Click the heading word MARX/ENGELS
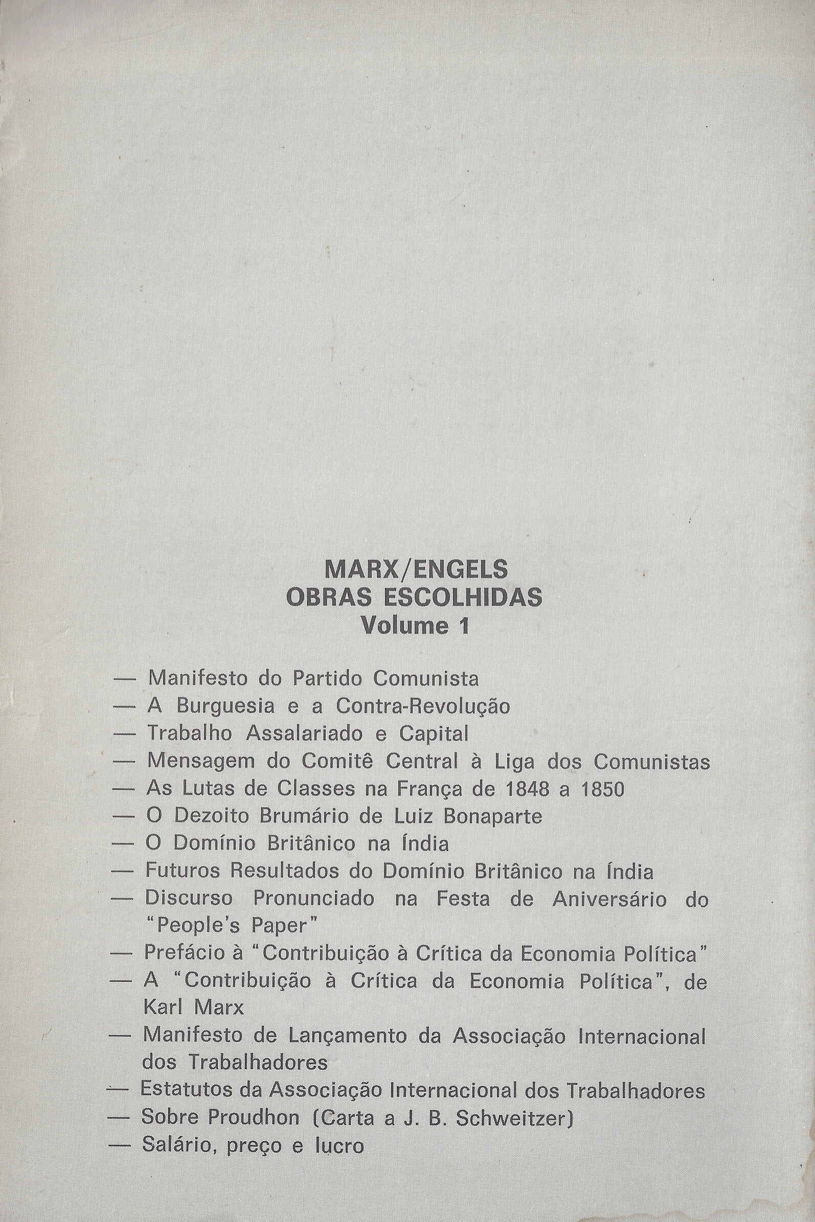pyautogui.click(x=416, y=570)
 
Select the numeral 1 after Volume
pyautogui.click(x=464, y=626)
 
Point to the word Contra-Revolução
pyautogui.click(x=422, y=706)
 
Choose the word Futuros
pyautogui.click(x=183, y=871)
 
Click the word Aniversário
pyautogui.click(x=609, y=899)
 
